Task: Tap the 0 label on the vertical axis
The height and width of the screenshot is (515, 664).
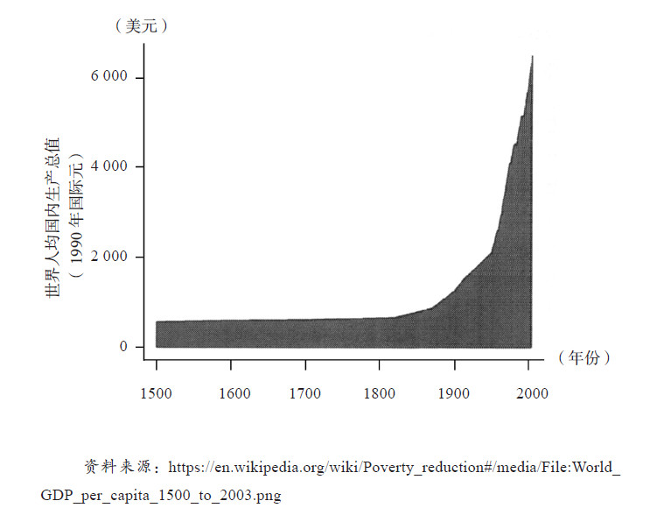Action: (x=124, y=347)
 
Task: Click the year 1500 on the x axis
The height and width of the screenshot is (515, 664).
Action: (x=157, y=392)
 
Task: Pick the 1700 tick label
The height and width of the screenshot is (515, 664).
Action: (x=305, y=392)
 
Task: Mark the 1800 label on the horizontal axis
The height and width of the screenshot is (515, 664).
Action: (x=380, y=392)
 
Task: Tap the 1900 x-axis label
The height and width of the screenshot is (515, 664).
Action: (x=454, y=392)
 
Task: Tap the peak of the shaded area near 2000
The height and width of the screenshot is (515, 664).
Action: (x=532, y=56)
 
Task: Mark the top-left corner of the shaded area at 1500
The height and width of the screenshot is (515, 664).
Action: (x=157, y=321)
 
